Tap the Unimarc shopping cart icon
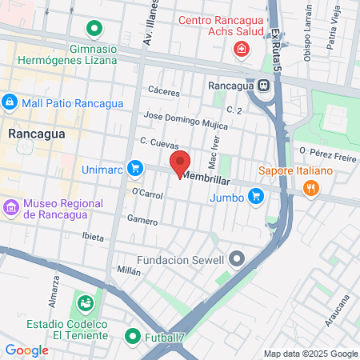tap(135, 169)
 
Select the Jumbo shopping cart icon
tap(255, 195)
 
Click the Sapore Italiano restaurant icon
tap(312, 188)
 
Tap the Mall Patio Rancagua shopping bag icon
tap(10, 102)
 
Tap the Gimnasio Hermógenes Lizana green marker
tap(95, 30)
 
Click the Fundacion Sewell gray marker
tap(237, 258)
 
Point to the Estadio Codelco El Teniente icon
tap(85, 304)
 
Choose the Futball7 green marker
tap(133, 337)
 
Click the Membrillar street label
tap(206, 178)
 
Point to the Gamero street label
tap(142, 218)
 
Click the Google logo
tap(26, 350)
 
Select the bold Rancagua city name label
tap(30, 134)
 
